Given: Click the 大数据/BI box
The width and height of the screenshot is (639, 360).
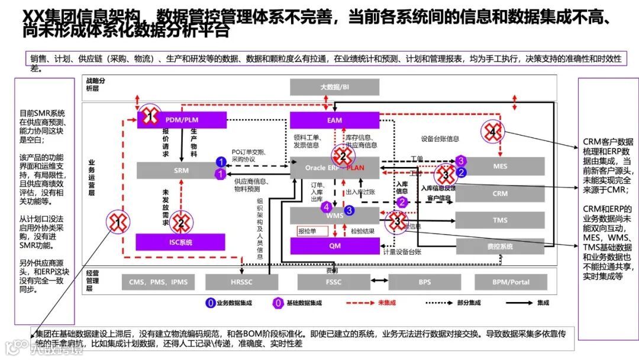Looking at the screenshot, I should [334, 87].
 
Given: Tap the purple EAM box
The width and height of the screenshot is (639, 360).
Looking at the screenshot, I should [334, 120].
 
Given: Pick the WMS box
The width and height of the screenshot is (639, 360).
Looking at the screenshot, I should [335, 215].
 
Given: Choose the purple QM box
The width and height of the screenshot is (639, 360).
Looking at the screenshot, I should [334, 246].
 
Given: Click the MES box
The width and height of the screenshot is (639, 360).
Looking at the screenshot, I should [500, 166].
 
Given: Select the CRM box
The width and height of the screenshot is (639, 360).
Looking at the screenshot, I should [500, 194].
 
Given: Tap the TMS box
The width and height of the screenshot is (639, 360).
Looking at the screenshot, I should [500, 220].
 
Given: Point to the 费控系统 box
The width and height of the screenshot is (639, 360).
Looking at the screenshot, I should [500, 246].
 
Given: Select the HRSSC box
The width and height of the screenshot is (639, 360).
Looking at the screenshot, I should [241, 282].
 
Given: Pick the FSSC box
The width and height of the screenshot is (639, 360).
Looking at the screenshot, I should [334, 282].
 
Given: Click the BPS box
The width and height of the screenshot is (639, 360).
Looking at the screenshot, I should [424, 282].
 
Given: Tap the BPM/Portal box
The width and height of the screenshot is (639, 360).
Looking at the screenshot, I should [511, 282].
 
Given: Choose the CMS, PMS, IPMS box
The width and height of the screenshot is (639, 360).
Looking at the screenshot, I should [158, 282].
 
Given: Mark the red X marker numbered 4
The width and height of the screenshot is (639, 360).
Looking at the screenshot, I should [492, 133].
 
